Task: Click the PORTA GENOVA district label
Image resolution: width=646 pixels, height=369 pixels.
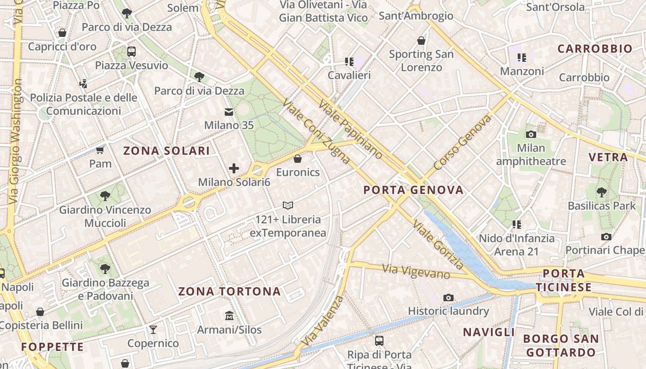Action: coord(413,190)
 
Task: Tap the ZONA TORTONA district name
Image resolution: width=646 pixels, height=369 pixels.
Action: coord(229,292)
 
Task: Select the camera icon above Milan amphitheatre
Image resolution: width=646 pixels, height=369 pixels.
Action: coord(531,134)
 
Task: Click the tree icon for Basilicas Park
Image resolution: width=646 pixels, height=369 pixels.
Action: coord(601,192)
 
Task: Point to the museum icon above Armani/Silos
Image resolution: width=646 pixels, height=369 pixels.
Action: coord(229,316)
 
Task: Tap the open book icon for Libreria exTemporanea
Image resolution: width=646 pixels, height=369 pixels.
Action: coord(288,205)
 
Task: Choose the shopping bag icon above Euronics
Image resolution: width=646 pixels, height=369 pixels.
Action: coord(298,159)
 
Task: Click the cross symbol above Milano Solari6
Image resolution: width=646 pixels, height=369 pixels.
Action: coord(234,168)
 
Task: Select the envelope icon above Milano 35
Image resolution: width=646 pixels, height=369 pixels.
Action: coord(229,112)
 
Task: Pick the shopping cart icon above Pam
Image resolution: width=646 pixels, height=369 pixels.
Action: coord(100,150)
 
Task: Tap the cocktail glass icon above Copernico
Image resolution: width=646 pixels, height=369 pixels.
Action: coord(153,329)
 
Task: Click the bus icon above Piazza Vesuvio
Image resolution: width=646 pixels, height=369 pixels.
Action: coord(132,51)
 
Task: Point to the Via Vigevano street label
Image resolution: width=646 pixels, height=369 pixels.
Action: coord(416,271)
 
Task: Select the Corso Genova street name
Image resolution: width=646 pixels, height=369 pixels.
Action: coord(462,143)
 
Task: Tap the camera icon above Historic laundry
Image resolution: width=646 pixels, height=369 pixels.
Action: coord(448,298)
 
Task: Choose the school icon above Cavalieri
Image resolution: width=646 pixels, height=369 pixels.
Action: coord(349,61)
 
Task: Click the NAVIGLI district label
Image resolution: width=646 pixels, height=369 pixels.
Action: coord(489,332)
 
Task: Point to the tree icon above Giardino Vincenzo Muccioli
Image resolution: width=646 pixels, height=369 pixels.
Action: coord(105,196)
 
